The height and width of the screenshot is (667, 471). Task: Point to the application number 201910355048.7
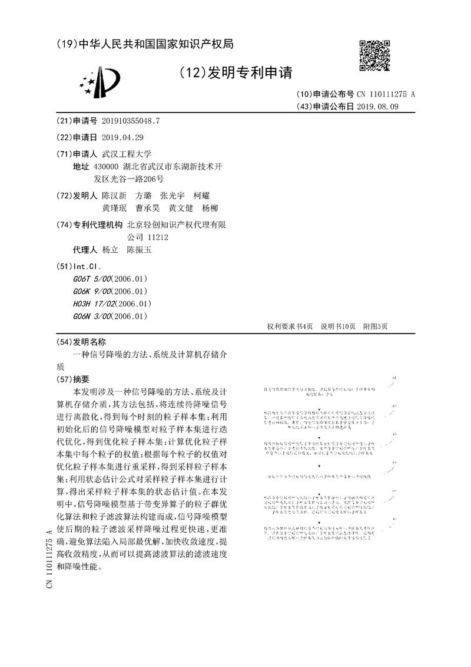[x=131, y=121]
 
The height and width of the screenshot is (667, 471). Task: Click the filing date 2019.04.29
[x=122, y=137]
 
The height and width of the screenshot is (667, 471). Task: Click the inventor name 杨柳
[x=210, y=208]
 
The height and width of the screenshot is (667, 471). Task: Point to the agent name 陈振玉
[x=140, y=250]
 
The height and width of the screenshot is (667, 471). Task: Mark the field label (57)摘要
[x=72, y=379]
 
